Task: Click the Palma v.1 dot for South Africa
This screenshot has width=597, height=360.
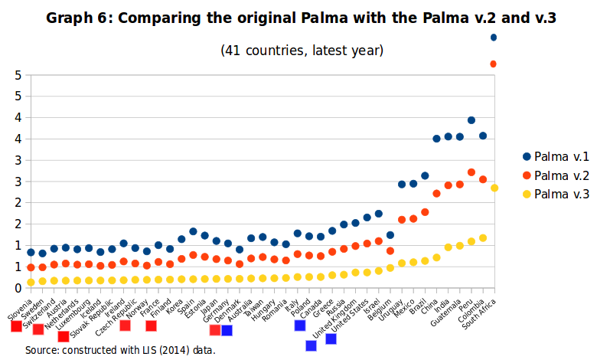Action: click(x=494, y=38)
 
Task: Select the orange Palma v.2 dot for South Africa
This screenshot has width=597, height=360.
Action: click(x=494, y=64)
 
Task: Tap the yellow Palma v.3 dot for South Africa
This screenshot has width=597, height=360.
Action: click(x=494, y=188)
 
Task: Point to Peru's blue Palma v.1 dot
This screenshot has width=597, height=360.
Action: click(x=471, y=120)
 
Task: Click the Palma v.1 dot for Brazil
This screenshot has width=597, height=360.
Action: click(x=425, y=176)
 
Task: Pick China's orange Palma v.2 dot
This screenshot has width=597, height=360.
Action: click(x=436, y=194)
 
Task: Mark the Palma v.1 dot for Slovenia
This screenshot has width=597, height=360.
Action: click(x=31, y=252)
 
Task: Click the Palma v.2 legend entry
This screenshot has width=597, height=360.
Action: click(x=561, y=175)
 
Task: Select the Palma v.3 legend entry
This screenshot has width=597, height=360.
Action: click(x=561, y=195)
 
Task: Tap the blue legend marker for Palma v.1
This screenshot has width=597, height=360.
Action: click(x=526, y=156)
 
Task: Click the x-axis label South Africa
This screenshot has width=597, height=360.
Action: click(x=481, y=313)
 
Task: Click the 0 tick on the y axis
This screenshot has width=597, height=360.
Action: click(x=17, y=288)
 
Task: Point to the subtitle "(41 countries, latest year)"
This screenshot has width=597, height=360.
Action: click(x=302, y=51)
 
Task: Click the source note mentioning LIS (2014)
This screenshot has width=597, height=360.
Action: click(x=119, y=350)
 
